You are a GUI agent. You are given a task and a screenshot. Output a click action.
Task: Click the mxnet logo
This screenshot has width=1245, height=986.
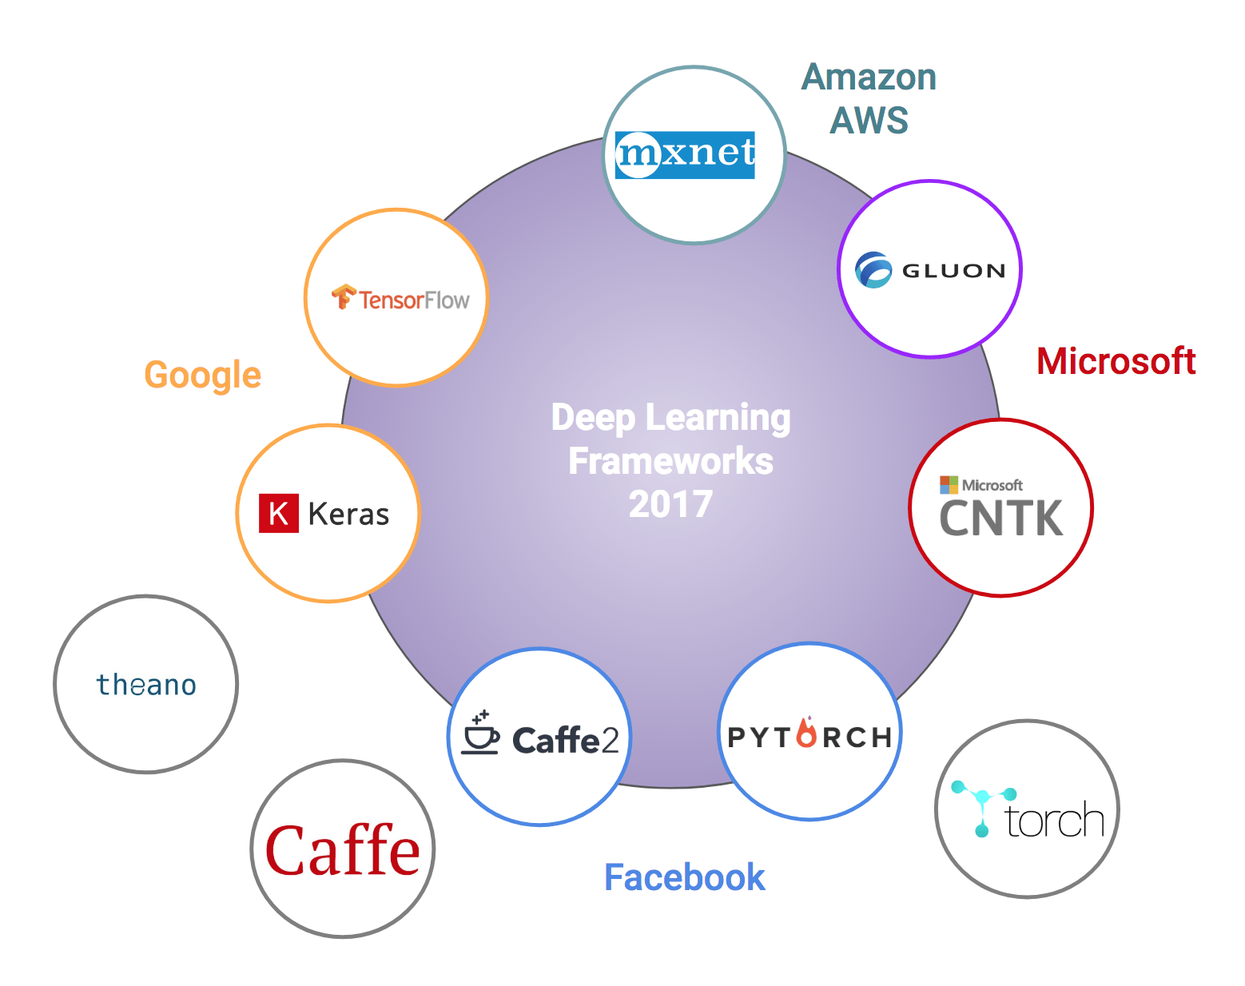(685, 154)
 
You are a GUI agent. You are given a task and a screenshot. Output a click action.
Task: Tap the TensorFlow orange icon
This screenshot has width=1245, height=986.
(344, 296)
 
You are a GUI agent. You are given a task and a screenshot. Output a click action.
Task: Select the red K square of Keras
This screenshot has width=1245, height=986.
(278, 513)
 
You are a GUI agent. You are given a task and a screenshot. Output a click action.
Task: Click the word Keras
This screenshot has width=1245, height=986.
(348, 515)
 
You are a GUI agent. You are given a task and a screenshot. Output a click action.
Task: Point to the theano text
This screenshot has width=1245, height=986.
(146, 686)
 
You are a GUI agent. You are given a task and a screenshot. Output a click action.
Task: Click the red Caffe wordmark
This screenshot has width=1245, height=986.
(343, 851)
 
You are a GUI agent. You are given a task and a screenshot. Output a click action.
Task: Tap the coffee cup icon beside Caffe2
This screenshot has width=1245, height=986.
(480, 734)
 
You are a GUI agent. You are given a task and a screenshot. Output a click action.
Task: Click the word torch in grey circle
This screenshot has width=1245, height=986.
(1054, 821)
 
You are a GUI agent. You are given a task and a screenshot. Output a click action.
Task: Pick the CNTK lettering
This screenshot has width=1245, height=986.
(1000, 519)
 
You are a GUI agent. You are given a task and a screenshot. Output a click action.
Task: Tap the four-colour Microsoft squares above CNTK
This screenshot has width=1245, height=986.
(949, 484)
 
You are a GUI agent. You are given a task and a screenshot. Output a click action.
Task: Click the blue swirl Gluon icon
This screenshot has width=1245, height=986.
(873, 270)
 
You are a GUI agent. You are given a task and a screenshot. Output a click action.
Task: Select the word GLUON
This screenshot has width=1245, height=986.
(953, 271)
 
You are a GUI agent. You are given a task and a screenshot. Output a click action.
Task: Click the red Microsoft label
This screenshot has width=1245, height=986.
(1116, 361)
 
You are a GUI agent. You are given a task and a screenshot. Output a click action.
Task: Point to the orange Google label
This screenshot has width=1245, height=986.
(203, 376)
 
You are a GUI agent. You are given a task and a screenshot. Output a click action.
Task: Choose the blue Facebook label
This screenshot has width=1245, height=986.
(684, 877)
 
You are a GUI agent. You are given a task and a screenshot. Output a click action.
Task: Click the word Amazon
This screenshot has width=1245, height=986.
(869, 78)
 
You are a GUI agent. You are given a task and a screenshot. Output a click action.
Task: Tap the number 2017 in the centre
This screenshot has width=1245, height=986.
(670, 504)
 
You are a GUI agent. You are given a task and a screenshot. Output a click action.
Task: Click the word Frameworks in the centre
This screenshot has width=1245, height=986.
(670, 461)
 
